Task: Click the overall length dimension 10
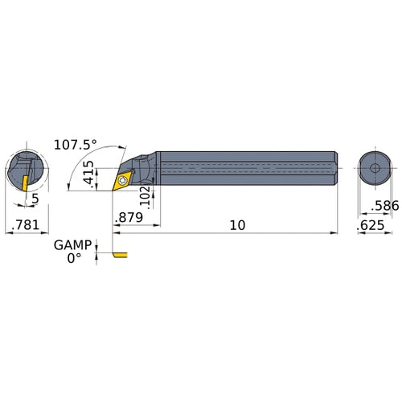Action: pos(238,226)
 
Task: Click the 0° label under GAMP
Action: pos(74,259)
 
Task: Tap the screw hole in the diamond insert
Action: pos(122,182)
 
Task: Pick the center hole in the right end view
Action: pos(374,167)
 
